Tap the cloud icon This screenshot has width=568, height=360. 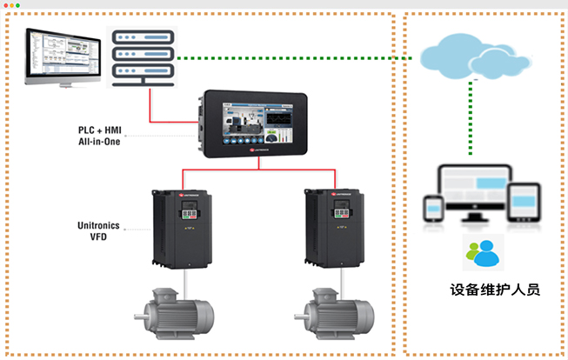coord(471,55)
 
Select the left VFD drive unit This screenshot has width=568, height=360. coord(182,228)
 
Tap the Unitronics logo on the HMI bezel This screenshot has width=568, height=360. coord(260,152)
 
